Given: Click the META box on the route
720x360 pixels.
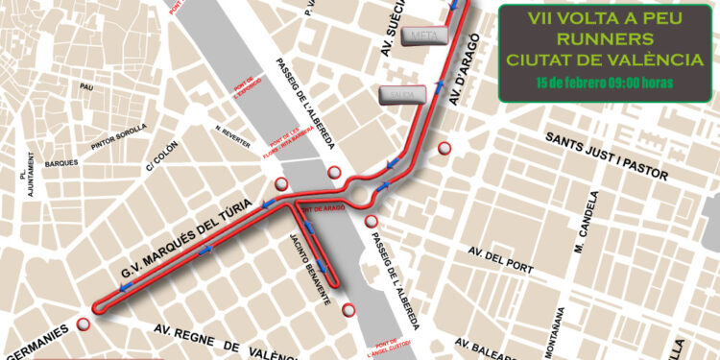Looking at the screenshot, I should click(x=423, y=36).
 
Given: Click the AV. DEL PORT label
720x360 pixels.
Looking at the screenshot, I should click(x=500, y=255).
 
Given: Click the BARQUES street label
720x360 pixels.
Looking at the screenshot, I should click(x=61, y=163).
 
